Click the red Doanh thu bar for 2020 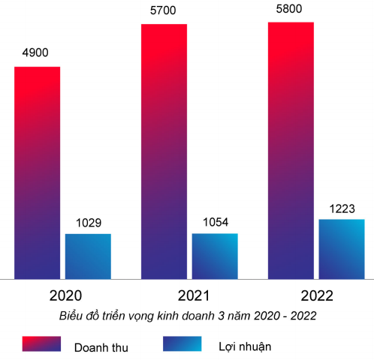(37, 172)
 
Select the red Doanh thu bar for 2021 (164, 151)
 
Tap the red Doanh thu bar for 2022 (291, 150)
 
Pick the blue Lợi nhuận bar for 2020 (88, 256)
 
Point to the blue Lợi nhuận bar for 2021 (215, 256)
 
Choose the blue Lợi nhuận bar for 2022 (342, 248)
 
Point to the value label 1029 (88, 223)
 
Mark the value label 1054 (215, 222)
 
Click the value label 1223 (342, 208)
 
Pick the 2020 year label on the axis (65, 295)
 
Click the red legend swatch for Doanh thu (41, 344)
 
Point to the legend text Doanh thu (101, 347)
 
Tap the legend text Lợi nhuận (245, 346)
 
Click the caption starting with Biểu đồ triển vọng (188, 316)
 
